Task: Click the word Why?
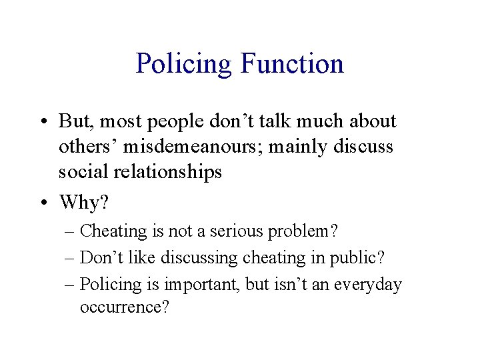coord(83,201)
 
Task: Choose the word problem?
coord(303,231)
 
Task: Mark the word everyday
coord(368,285)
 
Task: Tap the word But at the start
coord(74,121)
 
